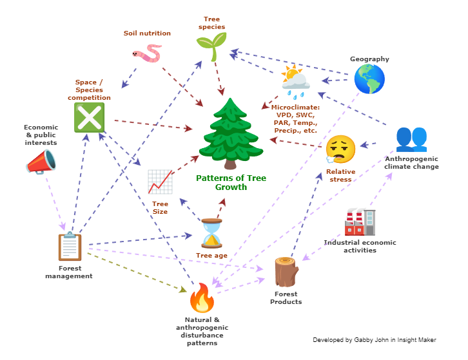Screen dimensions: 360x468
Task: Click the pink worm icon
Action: tap(148, 54)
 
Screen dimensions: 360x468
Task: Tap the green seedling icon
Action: tap(211, 46)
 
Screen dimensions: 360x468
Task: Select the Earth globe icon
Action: tap(369, 79)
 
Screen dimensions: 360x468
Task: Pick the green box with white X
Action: tap(89, 118)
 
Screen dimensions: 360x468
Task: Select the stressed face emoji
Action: tap(340, 149)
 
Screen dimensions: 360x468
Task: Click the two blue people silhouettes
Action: tap(411, 138)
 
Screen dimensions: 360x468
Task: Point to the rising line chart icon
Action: tap(160, 182)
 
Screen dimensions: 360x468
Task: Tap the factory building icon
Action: tap(360, 222)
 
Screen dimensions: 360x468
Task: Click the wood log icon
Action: tap(286, 272)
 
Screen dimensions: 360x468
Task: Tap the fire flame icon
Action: tap(201, 299)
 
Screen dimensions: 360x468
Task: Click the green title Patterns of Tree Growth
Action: tap(231, 183)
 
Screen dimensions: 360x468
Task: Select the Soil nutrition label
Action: tap(147, 33)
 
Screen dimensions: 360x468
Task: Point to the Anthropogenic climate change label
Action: tap(411, 162)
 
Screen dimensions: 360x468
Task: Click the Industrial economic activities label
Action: tap(360, 247)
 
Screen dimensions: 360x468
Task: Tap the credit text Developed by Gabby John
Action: tap(375, 340)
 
